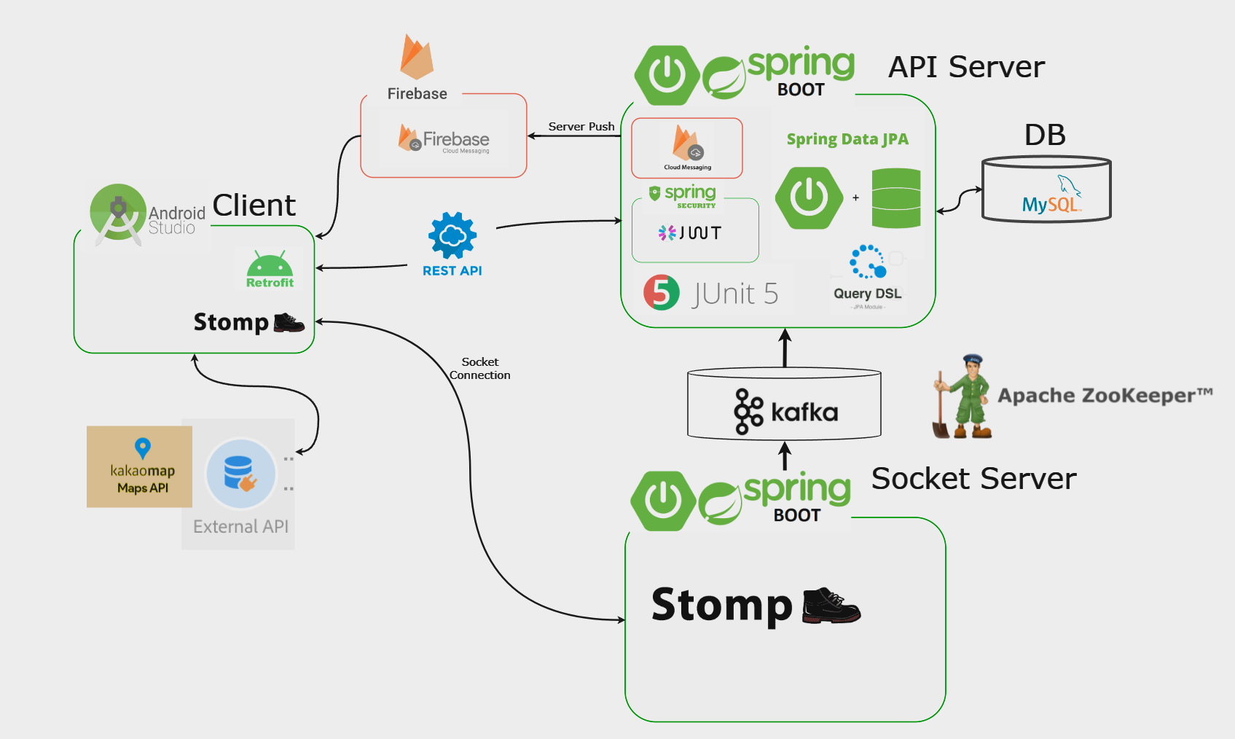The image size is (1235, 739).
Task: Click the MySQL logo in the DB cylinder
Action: [x=1051, y=195]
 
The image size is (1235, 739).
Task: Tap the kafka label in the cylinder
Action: [x=804, y=412]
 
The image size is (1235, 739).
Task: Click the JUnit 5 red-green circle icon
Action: [x=661, y=293]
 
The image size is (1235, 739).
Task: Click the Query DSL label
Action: [x=867, y=294]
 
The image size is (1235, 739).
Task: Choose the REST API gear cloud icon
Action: [x=452, y=235]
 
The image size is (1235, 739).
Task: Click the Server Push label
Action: [x=581, y=127]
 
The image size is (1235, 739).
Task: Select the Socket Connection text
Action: [x=479, y=368]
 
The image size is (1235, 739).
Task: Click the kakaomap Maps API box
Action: [x=140, y=467]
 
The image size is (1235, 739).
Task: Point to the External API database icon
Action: [x=240, y=474]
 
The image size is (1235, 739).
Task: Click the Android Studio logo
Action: [x=117, y=213]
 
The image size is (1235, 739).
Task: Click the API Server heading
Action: [x=966, y=67]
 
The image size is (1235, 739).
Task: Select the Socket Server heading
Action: [x=973, y=479]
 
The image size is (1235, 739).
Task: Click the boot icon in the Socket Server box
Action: [x=831, y=606]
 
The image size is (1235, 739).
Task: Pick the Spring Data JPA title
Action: [x=847, y=139]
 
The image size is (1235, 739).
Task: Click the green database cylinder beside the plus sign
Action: [x=895, y=198]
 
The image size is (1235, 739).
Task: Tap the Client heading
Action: [x=254, y=206]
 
